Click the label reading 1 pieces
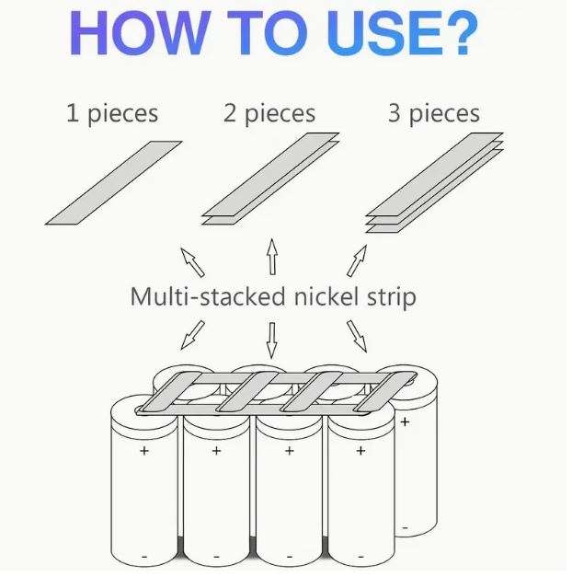click(x=112, y=114)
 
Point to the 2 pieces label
click(x=269, y=114)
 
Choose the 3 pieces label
click(x=433, y=114)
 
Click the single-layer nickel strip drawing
click(x=114, y=183)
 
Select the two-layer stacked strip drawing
click(x=269, y=185)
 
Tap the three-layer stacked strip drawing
click(x=433, y=184)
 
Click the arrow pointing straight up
click(x=272, y=257)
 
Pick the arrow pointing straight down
click(x=272, y=339)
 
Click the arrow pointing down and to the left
click(x=192, y=335)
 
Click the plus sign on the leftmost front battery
click(x=143, y=451)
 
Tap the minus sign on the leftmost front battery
click(x=143, y=557)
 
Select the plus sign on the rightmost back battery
click(x=406, y=421)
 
